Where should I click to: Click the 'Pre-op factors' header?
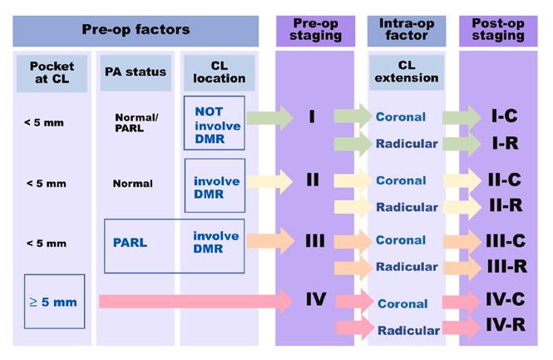[136, 30]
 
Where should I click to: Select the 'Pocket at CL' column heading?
[52, 72]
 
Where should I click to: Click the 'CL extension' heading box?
[401, 72]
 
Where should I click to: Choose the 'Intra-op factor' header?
[401, 30]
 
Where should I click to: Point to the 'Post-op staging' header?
[497, 30]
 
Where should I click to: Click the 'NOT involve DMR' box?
[216, 123]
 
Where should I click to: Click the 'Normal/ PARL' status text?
[136, 123]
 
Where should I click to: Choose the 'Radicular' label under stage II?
[407, 206]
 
